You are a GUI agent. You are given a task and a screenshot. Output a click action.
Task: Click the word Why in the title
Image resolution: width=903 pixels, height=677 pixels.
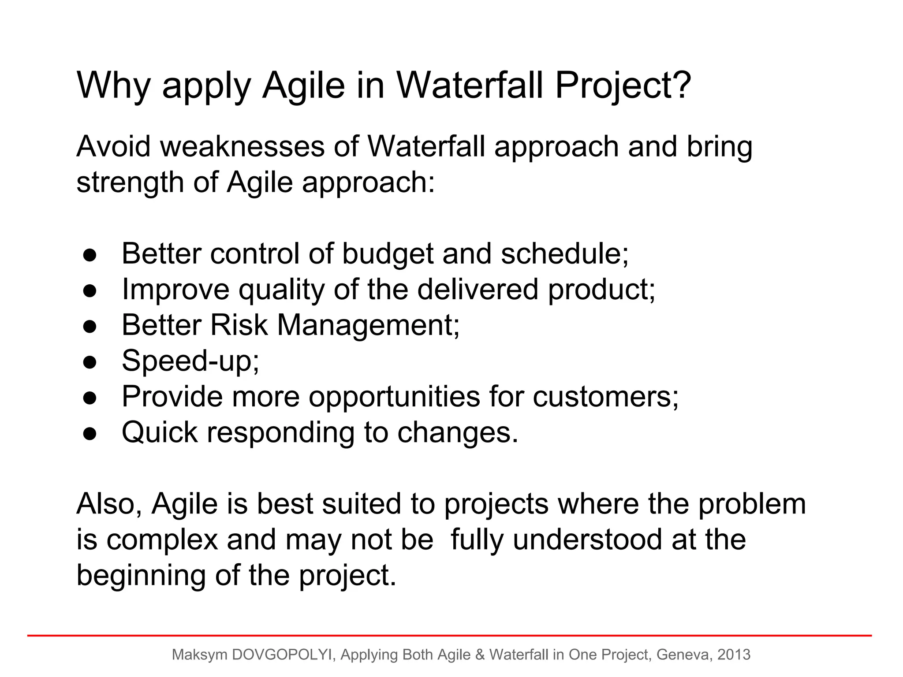click(114, 86)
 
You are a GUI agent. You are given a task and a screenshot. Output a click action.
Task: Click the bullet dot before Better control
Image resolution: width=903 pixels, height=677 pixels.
click(90, 255)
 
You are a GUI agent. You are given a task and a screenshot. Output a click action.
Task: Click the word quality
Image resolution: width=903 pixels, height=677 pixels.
click(281, 290)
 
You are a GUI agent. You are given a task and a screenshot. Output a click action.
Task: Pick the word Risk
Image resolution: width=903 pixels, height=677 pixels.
click(239, 325)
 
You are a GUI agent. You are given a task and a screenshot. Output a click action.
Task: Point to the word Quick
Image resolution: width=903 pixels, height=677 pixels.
click(159, 433)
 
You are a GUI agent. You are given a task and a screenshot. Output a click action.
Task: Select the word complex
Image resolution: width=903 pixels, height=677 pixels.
click(162, 540)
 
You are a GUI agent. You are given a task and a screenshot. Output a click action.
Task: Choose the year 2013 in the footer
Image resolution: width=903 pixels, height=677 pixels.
click(734, 655)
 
